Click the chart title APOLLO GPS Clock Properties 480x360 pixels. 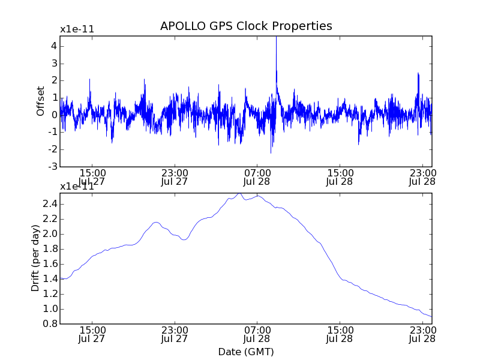tap(246, 26)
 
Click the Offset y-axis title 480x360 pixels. tap(41, 101)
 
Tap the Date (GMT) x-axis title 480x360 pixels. tap(246, 352)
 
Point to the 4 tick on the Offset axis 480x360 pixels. tap(53, 46)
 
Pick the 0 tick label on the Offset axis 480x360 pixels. tap(53, 115)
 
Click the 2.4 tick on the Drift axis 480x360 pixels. tap(49, 204)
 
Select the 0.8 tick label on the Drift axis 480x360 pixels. tap(49, 324)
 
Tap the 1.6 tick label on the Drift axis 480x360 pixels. tap(49, 264)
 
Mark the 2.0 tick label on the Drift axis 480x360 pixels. tap(49, 234)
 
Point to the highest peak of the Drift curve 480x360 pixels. tap(239, 193)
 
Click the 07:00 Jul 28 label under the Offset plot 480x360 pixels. tap(257, 177)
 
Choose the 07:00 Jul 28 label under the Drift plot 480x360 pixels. tap(257, 334)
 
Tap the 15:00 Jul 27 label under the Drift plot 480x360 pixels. tap(92, 334)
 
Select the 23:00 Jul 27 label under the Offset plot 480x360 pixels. tap(175, 177)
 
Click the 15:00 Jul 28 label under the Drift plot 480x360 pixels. tap(340, 334)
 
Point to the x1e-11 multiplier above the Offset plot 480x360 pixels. tap(77, 29)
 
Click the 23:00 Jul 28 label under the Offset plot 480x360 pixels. tap(422, 177)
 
